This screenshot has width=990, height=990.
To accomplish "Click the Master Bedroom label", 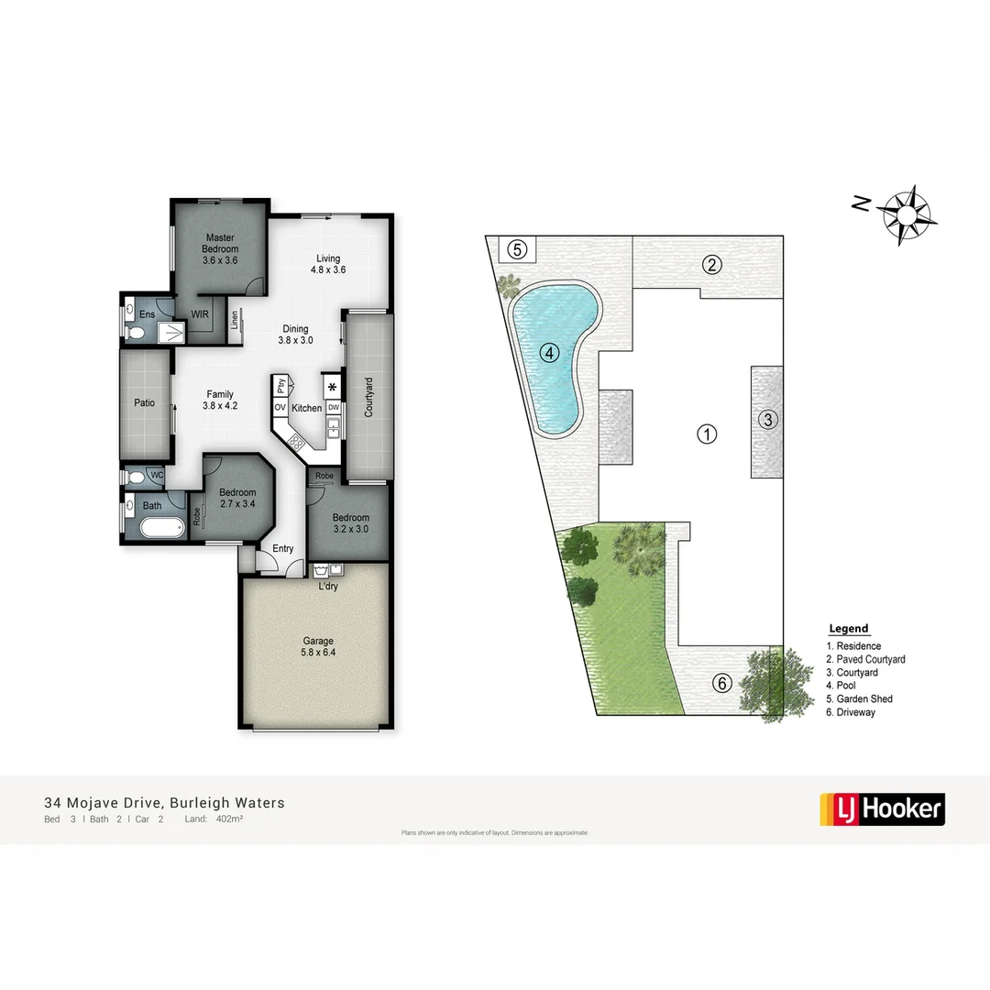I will tap(220, 249).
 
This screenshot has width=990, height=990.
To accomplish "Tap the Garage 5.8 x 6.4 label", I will tap(319, 647).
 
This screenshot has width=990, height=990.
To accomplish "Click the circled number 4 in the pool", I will tap(549, 352).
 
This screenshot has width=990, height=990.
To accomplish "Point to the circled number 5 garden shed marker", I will tap(517, 248).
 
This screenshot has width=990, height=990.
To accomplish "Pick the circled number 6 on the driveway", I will tap(722, 683).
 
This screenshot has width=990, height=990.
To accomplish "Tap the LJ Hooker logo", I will tap(881, 808).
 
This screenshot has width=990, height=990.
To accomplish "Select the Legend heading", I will tap(848, 629).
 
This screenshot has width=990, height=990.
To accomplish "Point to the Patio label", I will tap(145, 402).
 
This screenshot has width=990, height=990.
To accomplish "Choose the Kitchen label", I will tap(307, 408).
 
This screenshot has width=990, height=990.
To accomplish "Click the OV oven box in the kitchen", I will tap(280, 407).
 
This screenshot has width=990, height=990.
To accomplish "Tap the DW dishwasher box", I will tap(334, 407).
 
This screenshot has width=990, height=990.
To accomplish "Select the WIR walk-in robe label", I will tap(200, 314).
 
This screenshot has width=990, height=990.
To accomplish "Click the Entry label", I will tap(283, 549).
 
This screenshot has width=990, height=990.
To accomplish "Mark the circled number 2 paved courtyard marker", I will tap(711, 266).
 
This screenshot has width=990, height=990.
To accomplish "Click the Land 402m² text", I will tap(214, 819).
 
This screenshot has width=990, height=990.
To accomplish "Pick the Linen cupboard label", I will tap(235, 319).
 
